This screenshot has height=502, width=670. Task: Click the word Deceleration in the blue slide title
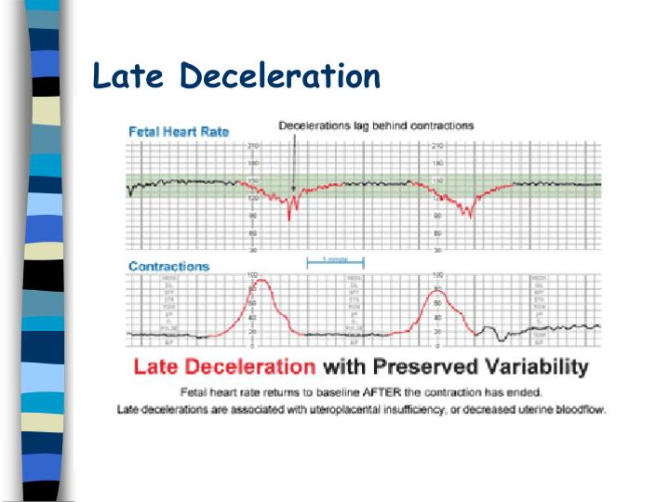click(x=281, y=75)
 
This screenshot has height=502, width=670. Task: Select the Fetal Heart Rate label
click(x=179, y=132)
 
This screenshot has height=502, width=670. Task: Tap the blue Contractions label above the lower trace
click(x=168, y=267)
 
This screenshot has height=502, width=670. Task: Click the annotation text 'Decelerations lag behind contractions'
click(x=376, y=125)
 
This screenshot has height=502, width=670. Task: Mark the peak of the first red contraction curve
click(x=261, y=281)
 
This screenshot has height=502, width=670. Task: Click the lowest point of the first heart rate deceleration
click(x=289, y=218)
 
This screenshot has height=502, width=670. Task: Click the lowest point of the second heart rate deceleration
click(x=471, y=216)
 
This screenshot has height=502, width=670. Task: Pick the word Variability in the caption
click(x=537, y=366)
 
